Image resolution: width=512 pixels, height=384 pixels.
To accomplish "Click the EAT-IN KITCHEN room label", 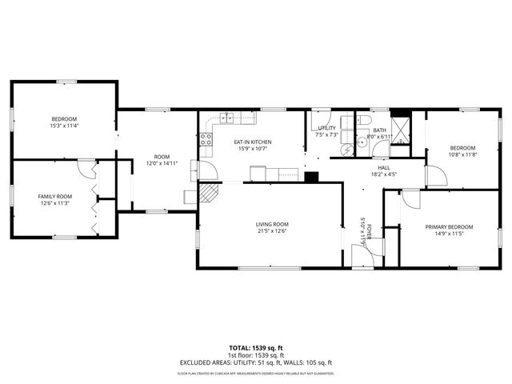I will (x=254, y=142).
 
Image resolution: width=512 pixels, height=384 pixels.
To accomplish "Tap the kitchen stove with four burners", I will (x=205, y=142).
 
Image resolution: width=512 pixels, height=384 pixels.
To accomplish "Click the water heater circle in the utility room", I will (x=346, y=148).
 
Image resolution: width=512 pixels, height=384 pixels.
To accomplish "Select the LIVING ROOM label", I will (x=272, y=224).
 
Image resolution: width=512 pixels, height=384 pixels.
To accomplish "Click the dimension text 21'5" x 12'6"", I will (x=272, y=231).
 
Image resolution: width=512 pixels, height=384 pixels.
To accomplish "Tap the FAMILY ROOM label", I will (x=55, y=196).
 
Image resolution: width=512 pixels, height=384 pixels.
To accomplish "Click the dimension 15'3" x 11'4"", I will (x=65, y=126).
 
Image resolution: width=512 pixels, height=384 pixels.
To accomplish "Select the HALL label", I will (x=384, y=167).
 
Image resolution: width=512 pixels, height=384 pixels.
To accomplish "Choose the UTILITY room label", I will (x=326, y=128).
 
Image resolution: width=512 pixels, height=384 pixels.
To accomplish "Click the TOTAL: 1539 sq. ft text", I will (x=255, y=348).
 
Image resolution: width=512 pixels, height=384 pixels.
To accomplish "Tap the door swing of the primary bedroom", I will (x=408, y=200).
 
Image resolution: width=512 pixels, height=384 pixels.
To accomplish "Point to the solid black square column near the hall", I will (x=312, y=177).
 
